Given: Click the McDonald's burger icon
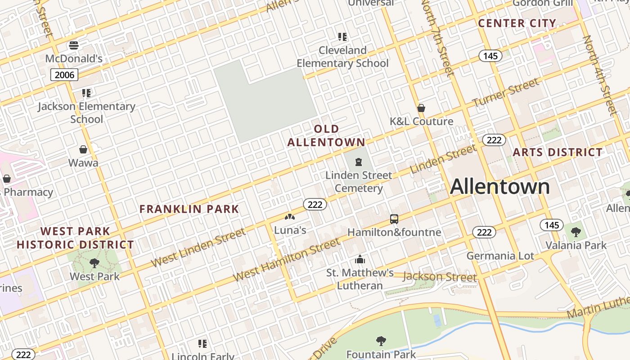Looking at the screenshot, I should coord(74,45).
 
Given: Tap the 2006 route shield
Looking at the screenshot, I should coord(64,75).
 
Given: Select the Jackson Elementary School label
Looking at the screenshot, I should coord(86,112).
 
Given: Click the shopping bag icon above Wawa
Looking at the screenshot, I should coord(83,149).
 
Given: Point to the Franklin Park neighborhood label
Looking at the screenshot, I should coord(189,209).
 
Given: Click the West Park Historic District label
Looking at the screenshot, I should coord(75,238).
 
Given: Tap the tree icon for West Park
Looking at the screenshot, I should coord(94,263).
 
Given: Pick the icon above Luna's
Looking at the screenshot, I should coord(290,217).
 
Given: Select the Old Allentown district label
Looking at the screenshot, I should coord(326,135).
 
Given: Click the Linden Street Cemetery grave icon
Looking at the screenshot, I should coord(359,162).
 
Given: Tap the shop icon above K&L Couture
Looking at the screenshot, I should coord(421,108).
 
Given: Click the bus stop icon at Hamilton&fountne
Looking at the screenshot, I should coord(394,219).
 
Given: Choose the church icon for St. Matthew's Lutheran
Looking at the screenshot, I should coord(360,260).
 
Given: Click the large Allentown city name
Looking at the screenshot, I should coord(499,186).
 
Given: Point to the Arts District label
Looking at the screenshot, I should coord(558,152).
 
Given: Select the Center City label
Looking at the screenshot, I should coord(517,23).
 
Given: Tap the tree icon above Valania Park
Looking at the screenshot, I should coord(576,232).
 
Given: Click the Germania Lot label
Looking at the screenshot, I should coord(500,256).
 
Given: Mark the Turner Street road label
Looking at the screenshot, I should coord(505,93).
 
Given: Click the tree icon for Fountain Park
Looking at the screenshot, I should coord(381,341).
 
